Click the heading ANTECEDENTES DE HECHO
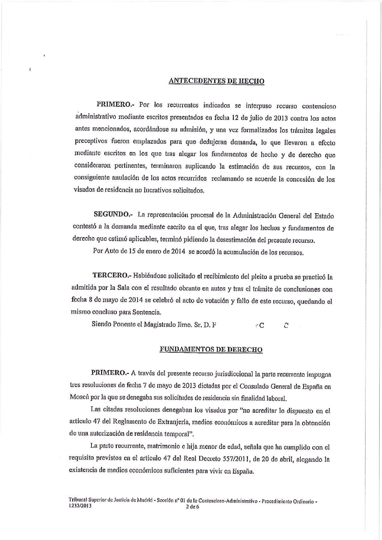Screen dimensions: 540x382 (x=216, y=81)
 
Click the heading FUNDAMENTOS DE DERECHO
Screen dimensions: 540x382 (x=211, y=350)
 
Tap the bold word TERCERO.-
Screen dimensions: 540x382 (x=112, y=275)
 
